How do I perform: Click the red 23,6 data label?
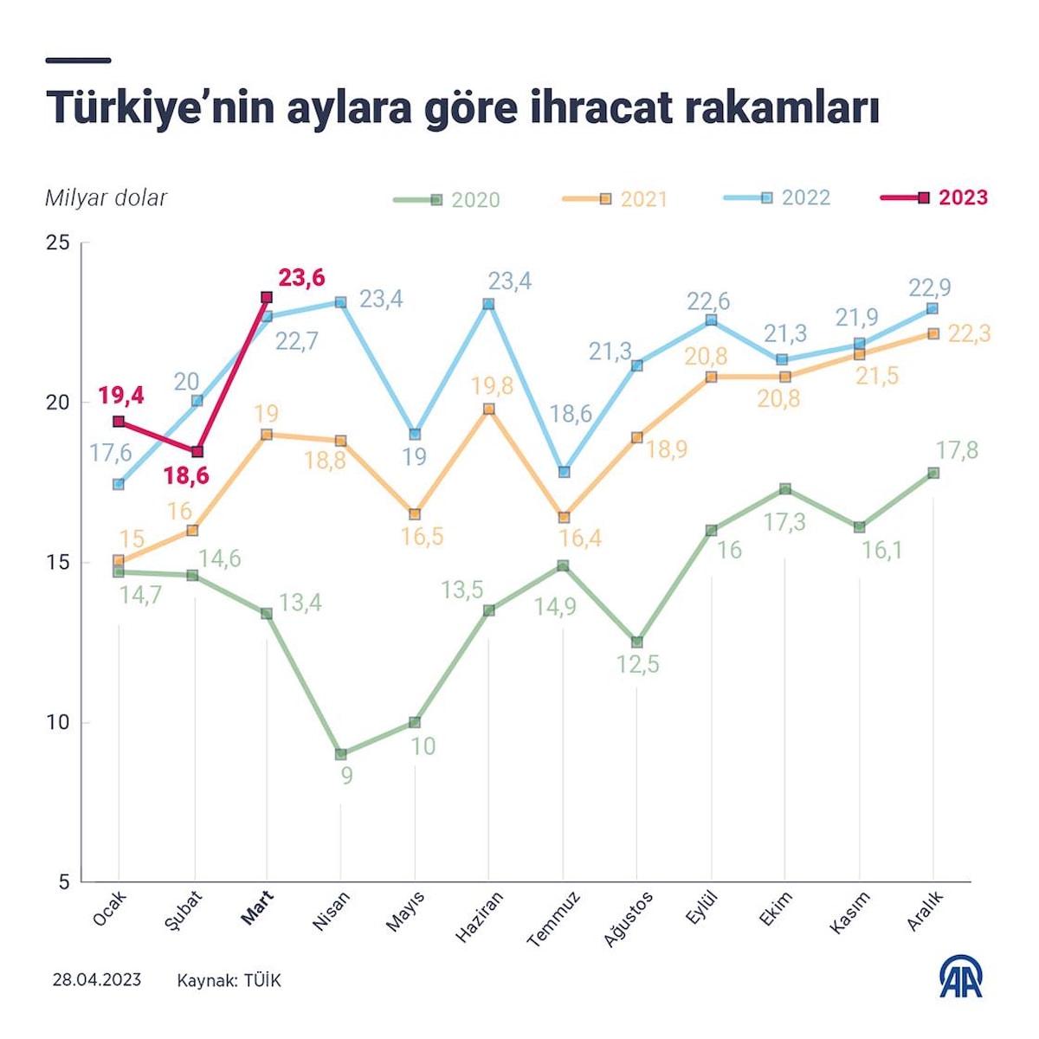point(301,278)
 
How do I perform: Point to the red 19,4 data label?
point(121,397)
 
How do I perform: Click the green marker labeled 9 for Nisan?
point(340,754)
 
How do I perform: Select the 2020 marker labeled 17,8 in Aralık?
point(933,473)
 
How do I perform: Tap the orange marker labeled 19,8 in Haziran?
point(488,409)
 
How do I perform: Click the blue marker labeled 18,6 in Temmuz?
point(565,472)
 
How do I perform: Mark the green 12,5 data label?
point(638,665)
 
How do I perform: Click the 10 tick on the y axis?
point(57,722)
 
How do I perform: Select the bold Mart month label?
point(257,908)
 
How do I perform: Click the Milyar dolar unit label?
point(106,198)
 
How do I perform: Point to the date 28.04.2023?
point(96,980)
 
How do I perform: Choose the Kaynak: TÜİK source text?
point(229,980)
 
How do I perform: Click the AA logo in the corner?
point(961,976)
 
